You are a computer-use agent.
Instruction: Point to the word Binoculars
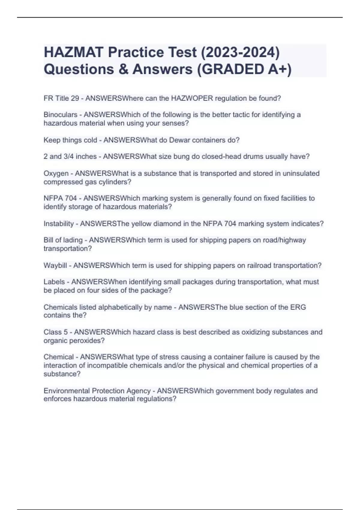click(x=60, y=115)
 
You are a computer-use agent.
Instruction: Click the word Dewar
click(x=179, y=140)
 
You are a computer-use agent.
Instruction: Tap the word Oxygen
click(x=56, y=173)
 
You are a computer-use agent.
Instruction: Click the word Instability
click(x=58, y=224)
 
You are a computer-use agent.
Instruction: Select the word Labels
click(x=54, y=282)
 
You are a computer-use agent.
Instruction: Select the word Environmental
click(x=67, y=391)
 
